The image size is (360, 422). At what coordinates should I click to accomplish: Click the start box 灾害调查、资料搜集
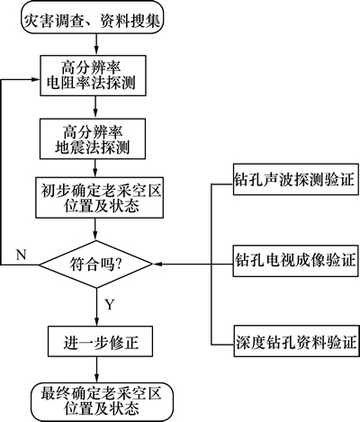pos(93,16)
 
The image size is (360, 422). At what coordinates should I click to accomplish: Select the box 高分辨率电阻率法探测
pos(93,76)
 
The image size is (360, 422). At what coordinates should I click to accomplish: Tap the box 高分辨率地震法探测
pos(93,139)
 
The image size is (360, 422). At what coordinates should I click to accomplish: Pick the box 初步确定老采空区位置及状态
pos(100,198)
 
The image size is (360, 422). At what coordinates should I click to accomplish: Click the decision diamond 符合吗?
pos(96,265)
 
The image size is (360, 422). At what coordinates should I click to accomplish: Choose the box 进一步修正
pos(100,342)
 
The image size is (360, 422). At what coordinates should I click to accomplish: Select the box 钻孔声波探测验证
pos(296,179)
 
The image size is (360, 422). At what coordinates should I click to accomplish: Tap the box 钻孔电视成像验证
pos(296,260)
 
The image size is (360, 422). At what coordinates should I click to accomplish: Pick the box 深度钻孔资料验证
pos(296,341)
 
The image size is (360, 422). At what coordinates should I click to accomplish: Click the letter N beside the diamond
pos(21,255)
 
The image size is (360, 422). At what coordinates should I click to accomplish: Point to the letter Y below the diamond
pos(110,304)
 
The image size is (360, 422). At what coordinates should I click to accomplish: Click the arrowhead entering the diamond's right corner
pos(157,265)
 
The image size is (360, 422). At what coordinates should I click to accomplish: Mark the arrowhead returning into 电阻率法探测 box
pos(36,79)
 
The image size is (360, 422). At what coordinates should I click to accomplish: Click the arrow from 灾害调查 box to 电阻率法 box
pos(96,44)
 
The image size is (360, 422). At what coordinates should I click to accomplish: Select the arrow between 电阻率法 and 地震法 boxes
pos(95,107)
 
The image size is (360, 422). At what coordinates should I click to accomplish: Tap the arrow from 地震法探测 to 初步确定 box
pos(95,168)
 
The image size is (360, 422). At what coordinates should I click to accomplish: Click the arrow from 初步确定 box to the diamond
pos(95,229)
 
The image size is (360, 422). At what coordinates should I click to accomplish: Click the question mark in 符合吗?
pos(118,264)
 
